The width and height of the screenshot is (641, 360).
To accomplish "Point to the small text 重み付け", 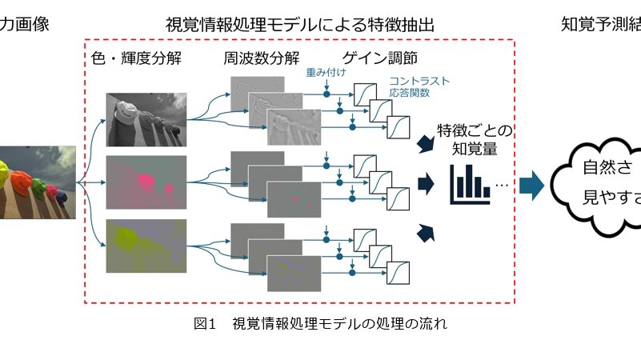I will coord(325,72).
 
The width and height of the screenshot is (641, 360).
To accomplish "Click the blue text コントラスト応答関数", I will coord(419,87).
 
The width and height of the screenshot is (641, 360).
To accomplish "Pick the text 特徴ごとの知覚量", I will coord(475,140).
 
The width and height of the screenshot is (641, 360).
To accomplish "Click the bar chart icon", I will coord(469,185).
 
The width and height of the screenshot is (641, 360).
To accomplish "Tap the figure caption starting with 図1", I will coord(320,324).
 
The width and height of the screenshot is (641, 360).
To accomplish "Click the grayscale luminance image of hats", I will coord(146,119).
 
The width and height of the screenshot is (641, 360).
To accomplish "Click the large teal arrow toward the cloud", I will coord(531,186).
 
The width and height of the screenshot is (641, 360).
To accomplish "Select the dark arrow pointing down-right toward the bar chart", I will coord(426,144).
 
